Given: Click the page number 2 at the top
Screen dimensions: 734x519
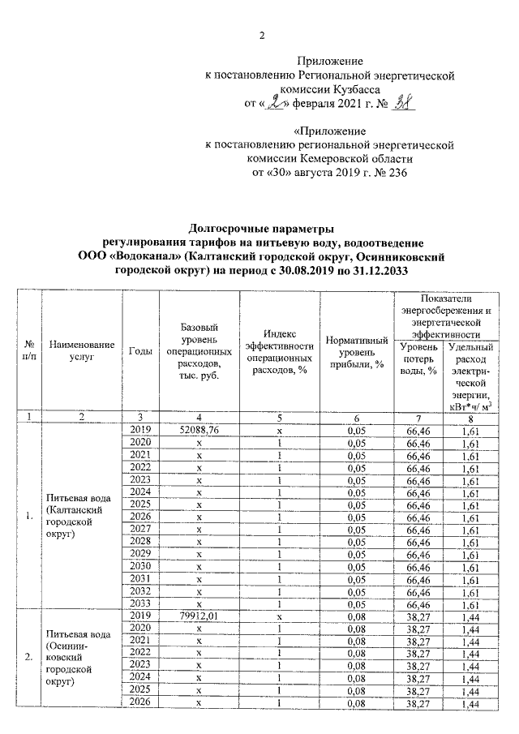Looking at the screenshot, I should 261,35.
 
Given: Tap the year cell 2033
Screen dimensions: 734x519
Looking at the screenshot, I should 141,603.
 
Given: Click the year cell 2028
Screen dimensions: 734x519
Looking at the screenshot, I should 141,541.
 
